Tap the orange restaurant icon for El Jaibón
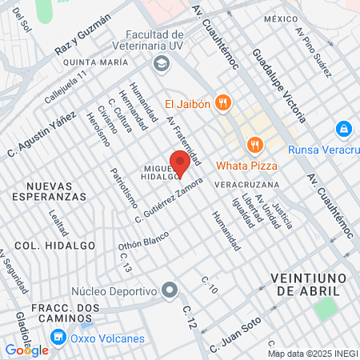tap(223, 102)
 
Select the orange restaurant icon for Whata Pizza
tap(256, 145)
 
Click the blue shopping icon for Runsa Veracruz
tap(343, 128)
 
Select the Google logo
tap(26, 350)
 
